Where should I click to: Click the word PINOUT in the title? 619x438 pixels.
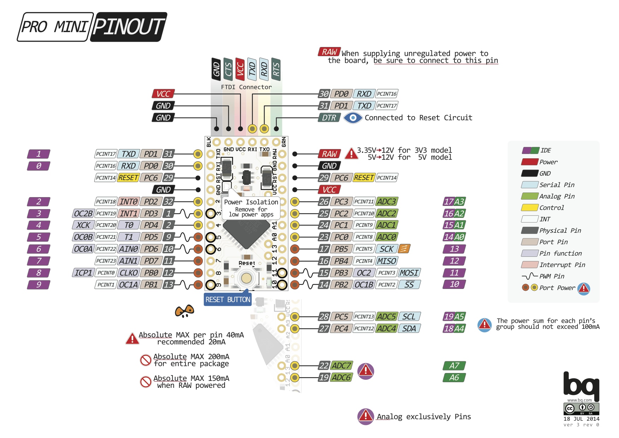coord(129,27)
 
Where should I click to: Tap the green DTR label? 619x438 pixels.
coord(329,118)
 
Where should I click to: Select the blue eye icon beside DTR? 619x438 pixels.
coord(353,118)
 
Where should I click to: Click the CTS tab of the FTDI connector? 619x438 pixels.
coord(228,69)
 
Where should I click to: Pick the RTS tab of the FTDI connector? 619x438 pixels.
coord(276,69)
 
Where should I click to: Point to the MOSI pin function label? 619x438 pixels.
coord(409,273)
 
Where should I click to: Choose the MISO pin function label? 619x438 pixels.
coord(387,261)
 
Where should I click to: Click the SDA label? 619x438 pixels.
coord(409,328)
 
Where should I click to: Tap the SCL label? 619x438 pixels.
coord(409,316)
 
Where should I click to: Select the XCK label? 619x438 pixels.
coord(83,225)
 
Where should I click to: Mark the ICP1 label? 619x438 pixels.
coord(83,273)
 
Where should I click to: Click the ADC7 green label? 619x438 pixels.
coord(341,366)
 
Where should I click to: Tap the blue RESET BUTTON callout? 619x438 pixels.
coord(228,300)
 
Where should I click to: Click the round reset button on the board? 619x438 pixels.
coord(246,278)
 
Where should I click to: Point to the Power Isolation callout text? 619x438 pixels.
coord(251,202)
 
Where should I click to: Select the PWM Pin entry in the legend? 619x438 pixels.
coord(552,276)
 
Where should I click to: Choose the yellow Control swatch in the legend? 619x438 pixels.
coord(529,208)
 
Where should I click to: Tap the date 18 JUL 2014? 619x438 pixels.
coord(581,419)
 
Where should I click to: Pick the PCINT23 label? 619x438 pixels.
coord(106,261)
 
